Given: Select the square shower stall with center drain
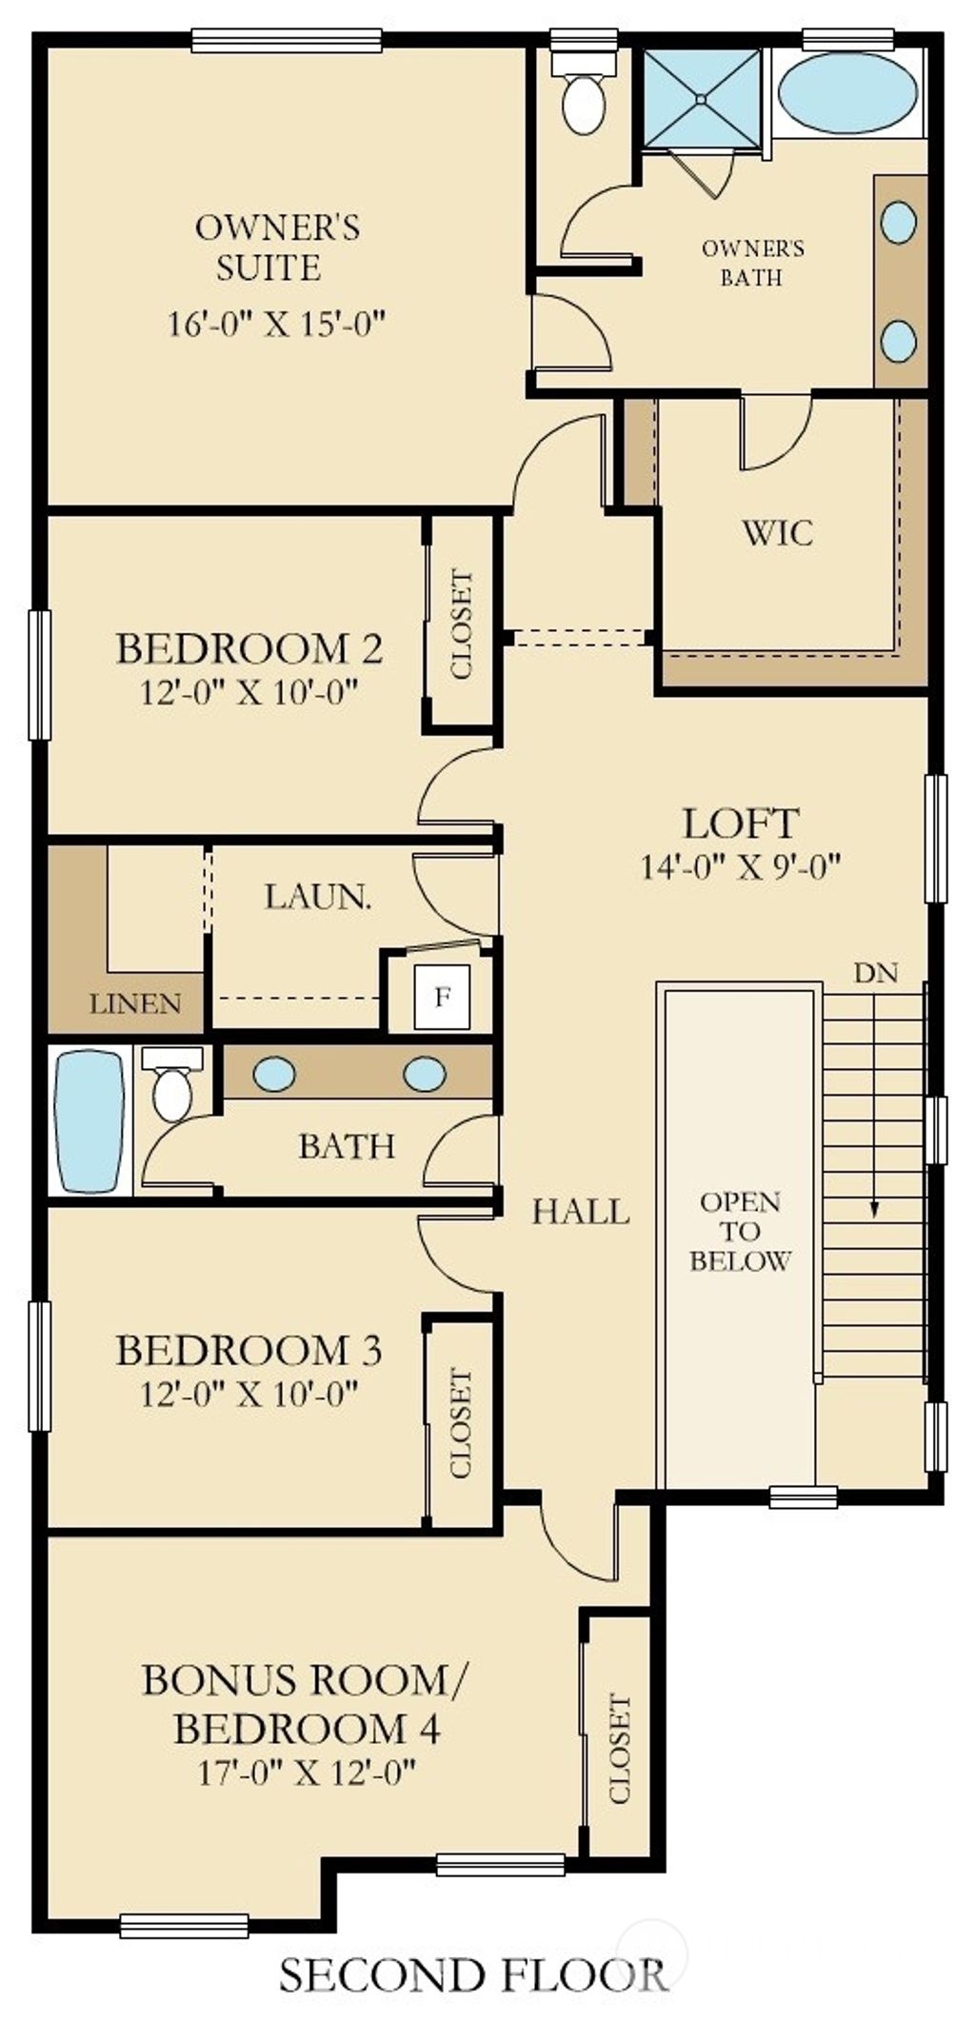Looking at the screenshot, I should (x=703, y=97).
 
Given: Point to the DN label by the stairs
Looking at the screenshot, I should (x=876, y=973).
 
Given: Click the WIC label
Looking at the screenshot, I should (x=778, y=533).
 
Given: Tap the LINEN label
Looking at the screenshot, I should (x=135, y=1003).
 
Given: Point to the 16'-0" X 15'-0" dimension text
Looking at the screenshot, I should (x=275, y=324).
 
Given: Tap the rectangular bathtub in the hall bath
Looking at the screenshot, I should (x=90, y=1120).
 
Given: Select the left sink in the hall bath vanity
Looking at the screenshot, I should (x=274, y=1074).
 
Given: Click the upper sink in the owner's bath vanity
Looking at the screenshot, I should (x=899, y=222).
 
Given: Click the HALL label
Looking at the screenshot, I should (x=581, y=1211).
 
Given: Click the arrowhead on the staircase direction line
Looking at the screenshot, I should (x=873, y=1211).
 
